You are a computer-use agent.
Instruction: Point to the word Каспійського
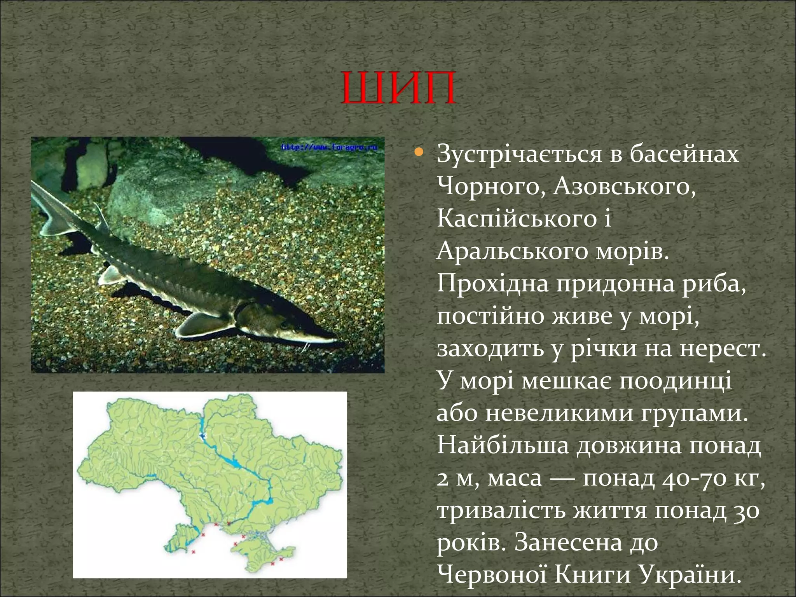click(x=517, y=219)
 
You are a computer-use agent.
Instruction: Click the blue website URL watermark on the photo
click(x=329, y=148)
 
